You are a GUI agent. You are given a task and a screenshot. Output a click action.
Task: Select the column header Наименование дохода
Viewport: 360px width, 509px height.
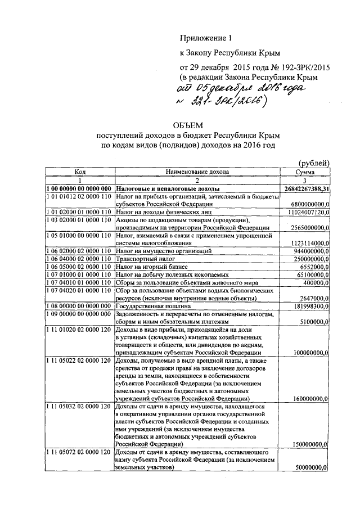(x=197, y=172)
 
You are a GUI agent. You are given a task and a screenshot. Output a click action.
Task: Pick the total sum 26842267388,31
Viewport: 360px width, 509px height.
(x=307, y=188)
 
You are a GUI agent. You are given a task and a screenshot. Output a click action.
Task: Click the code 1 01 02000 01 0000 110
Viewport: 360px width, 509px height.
(x=79, y=213)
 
